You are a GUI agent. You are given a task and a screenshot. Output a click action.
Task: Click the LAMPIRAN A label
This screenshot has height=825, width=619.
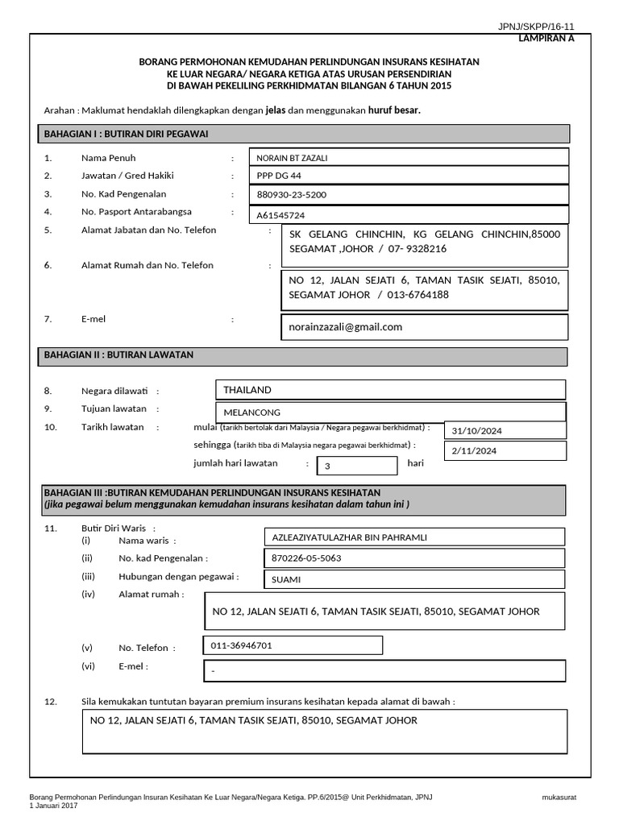[x=546, y=38]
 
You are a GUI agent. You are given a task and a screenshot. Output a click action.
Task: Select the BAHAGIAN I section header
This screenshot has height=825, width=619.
[x=126, y=134]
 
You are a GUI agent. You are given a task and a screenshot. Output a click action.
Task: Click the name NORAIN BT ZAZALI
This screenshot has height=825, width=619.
[x=292, y=158]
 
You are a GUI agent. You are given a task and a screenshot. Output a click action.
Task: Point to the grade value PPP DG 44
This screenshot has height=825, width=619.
[x=279, y=176]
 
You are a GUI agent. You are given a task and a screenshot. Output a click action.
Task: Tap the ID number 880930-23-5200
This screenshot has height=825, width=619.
[x=291, y=195]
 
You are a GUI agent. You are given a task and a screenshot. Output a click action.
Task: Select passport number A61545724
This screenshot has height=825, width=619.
[x=280, y=216]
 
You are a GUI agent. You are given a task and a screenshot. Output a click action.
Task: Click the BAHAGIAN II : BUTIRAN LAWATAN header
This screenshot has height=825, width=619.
[x=118, y=354]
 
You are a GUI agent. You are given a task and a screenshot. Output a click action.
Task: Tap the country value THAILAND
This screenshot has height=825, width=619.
[x=247, y=390]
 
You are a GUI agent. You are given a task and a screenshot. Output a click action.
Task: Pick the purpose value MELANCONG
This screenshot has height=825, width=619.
[x=251, y=412]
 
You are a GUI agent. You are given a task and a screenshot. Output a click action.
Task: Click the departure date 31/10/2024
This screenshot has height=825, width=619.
[x=477, y=431]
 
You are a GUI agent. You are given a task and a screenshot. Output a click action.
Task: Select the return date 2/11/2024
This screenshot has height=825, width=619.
[x=475, y=451]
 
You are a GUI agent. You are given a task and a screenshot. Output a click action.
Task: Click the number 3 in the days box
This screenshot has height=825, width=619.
[x=327, y=466]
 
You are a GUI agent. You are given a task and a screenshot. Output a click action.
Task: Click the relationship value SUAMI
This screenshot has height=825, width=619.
[x=285, y=579]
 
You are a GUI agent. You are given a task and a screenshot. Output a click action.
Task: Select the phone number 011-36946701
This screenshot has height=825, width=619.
[x=241, y=645]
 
